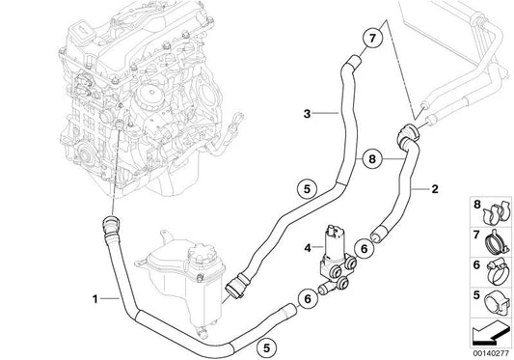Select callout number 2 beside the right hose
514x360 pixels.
pyautogui.click(x=436, y=191)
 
